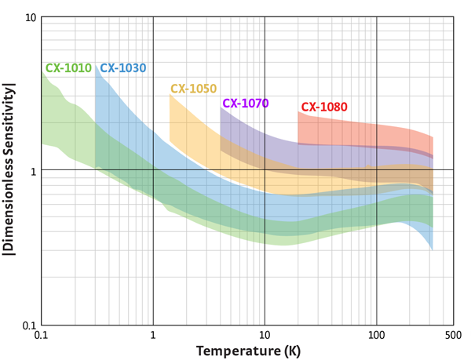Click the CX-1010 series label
69,68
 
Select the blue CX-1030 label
123,68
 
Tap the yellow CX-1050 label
193,89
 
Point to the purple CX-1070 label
246,103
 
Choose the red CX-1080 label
324,107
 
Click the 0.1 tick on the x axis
42,336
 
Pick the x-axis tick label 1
153,336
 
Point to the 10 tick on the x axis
265,336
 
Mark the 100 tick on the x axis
377,336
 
